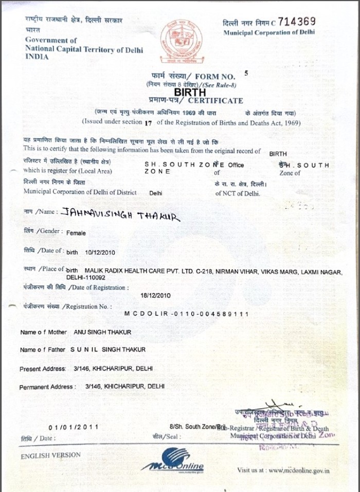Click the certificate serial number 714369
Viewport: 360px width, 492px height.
click(297, 22)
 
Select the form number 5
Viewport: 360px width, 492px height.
click(246, 72)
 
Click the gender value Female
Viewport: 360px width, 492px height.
click(76, 232)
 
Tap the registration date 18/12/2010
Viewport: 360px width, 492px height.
click(156, 296)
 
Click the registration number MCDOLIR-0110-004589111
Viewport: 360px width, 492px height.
click(187, 313)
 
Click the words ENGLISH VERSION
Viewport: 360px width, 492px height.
click(50, 455)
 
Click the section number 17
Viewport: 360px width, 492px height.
click(149, 122)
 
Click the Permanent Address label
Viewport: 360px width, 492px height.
click(47, 387)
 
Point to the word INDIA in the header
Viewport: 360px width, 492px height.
click(37, 57)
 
